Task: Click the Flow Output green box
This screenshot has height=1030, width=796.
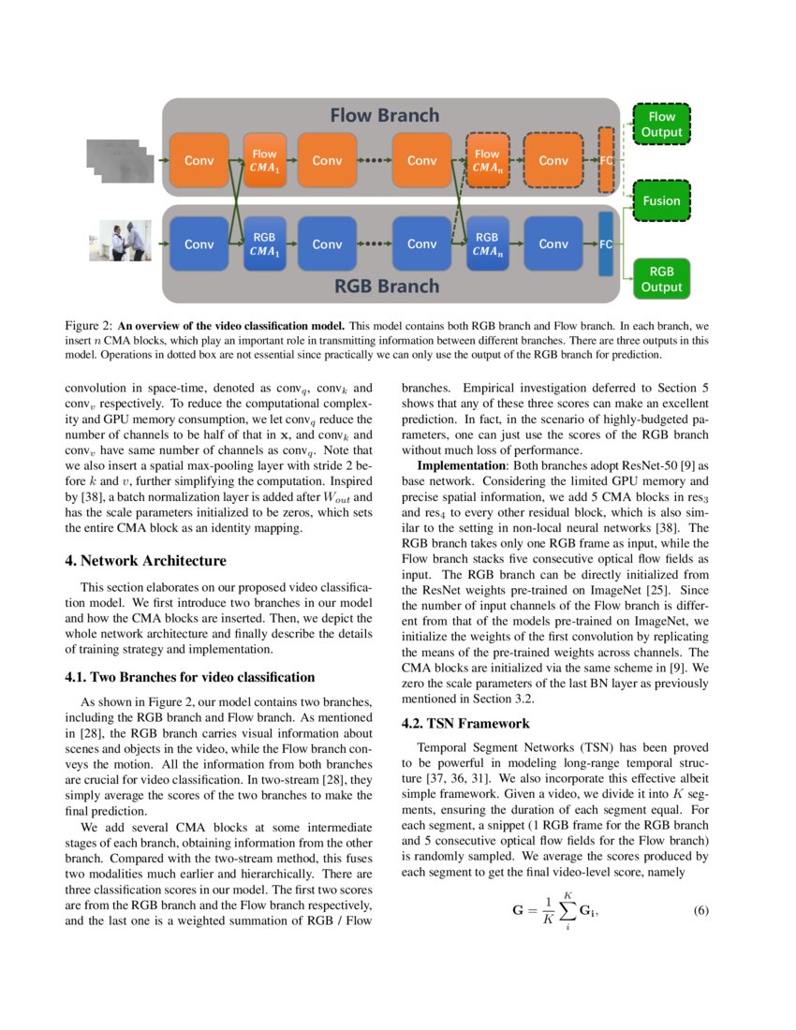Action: click(661, 125)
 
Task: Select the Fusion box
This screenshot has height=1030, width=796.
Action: click(661, 200)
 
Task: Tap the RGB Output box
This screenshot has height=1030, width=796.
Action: click(661, 279)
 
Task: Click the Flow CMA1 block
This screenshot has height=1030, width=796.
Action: click(264, 160)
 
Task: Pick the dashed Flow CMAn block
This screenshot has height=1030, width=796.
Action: click(487, 160)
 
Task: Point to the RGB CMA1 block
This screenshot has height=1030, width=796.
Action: click(264, 244)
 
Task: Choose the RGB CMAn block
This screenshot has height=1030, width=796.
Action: click(487, 244)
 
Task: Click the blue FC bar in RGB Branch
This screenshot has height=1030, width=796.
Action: click(606, 244)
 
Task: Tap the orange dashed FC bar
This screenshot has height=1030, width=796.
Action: click(606, 160)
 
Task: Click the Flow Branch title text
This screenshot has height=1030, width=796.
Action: click(384, 116)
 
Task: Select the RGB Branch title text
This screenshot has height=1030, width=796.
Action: click(388, 286)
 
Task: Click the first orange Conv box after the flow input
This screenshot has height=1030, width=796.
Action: click(199, 160)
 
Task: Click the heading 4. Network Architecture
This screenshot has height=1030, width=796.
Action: click(145, 561)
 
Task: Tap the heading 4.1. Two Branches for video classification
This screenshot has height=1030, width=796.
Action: click(189, 677)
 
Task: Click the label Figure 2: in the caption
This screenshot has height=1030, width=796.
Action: click(87, 325)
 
